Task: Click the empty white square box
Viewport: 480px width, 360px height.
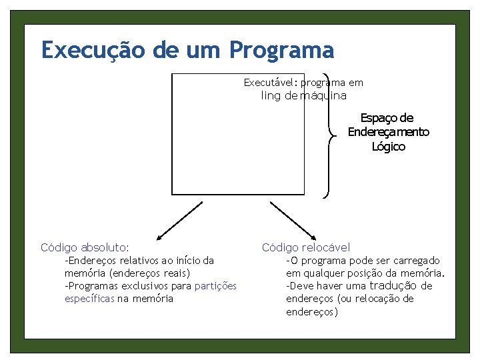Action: pos(237,133)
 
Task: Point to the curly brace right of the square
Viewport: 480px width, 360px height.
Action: pos(329,134)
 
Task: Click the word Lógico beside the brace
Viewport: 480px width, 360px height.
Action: pos(388,147)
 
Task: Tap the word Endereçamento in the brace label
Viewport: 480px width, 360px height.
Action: pos(388,132)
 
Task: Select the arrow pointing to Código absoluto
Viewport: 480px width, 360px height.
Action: pos(178,221)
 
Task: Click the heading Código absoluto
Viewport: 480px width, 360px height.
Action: pos(85,247)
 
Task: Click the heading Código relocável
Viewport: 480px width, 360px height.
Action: pos(305,247)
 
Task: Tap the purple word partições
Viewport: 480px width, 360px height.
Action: pos(215,286)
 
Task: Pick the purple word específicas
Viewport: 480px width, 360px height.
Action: pos(89,299)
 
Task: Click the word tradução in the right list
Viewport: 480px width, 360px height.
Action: pos(395,286)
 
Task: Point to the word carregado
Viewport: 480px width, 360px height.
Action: pos(416,261)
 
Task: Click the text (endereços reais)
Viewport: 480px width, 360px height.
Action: pos(150,273)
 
